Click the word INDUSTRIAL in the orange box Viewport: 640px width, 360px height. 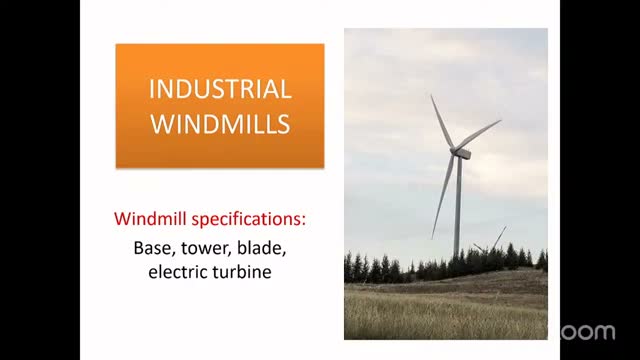click(220, 89)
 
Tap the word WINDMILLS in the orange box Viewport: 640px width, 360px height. click(220, 124)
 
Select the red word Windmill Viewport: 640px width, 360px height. click(151, 219)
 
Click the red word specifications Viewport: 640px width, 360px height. click(247, 220)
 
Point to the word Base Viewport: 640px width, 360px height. click(152, 248)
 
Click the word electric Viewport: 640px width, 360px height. click(176, 272)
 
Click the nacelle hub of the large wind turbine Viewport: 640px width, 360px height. click(460, 153)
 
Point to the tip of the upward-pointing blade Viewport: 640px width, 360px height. click(431, 95)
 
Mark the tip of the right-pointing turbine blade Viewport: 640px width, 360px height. click(501, 120)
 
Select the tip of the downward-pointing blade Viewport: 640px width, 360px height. click(432, 238)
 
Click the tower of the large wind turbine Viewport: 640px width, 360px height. click(458, 207)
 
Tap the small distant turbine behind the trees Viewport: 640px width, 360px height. click(493, 242)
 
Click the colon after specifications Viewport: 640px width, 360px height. click(303, 220)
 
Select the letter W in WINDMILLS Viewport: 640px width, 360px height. click(160, 124)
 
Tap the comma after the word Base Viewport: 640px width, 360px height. click(173, 254)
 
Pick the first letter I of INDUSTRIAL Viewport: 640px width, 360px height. click(151, 89)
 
